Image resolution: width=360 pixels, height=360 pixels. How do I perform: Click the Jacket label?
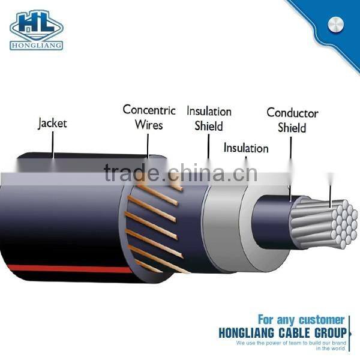click(52, 124)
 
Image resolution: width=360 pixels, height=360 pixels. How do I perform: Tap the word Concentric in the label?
click(149, 110)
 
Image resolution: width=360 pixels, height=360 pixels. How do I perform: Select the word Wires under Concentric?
click(149, 125)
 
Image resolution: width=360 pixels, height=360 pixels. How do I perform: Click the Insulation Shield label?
click(209, 119)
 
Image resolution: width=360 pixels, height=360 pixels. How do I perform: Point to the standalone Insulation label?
click(246, 148)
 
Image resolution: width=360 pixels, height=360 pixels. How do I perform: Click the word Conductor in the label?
click(292, 113)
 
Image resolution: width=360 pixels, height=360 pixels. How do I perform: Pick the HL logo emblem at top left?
click(36, 23)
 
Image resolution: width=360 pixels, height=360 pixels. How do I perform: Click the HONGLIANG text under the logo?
click(36, 45)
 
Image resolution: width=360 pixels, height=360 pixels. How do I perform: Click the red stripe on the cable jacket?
click(60, 269)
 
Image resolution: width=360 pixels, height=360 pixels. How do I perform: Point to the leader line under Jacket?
click(53, 144)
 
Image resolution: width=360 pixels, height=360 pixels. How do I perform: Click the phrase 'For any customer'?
click(301, 320)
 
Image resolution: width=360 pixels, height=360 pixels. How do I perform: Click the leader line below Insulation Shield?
click(208, 147)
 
